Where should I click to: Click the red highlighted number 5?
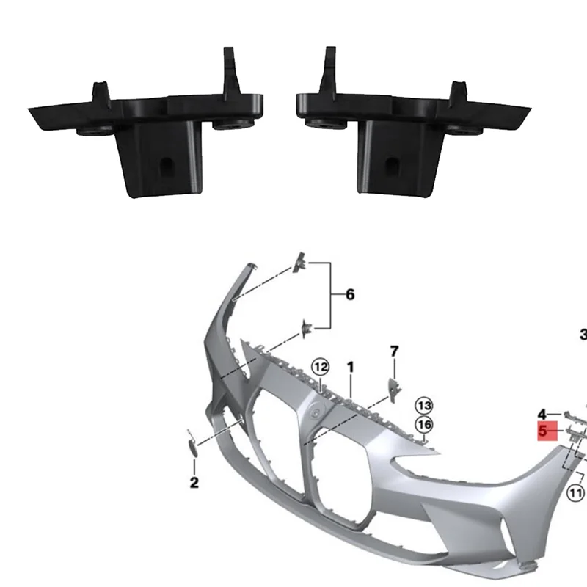(544, 431)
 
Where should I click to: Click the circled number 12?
(321, 366)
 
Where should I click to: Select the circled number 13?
(423, 404)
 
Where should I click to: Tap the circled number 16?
(423, 424)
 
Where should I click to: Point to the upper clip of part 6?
(301, 262)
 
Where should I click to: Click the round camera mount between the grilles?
(320, 412)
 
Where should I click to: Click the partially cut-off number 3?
(583, 332)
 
